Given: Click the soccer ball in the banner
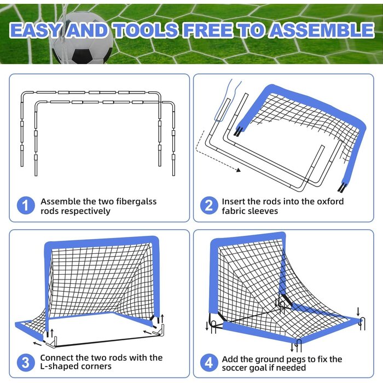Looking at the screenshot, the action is [83, 38].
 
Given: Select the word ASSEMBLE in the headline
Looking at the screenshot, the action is [322, 31].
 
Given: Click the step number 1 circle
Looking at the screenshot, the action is [26, 206].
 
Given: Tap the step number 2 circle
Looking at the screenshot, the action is [209, 206].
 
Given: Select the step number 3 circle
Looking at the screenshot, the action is [26, 362].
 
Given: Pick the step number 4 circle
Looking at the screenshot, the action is [209, 362].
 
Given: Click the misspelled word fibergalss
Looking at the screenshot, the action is [136, 202].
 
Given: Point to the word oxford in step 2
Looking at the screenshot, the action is [330, 201].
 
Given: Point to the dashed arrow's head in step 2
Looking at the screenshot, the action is [238, 170].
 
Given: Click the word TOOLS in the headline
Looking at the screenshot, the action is [146, 31].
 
